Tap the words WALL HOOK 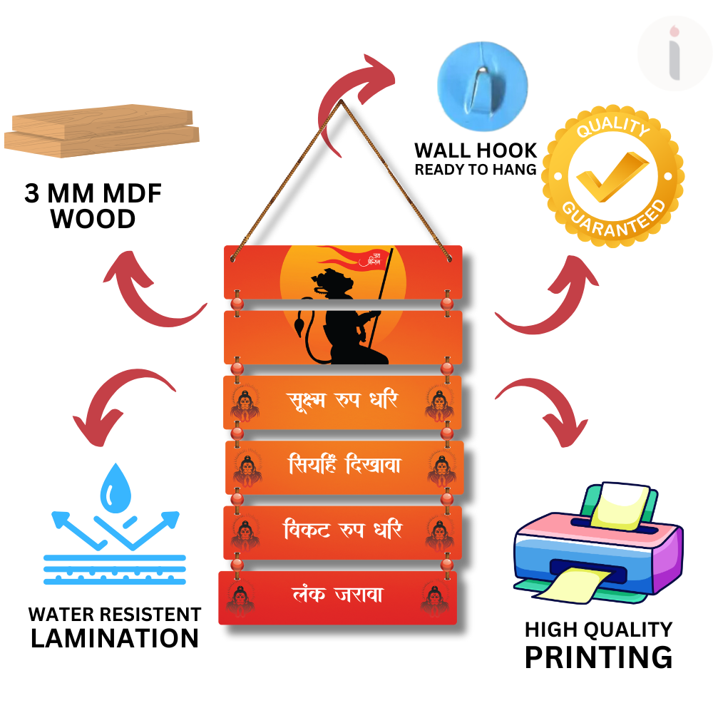coord(476,150)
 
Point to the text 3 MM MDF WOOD coord(93,206)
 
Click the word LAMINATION coord(114,638)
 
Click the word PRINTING coord(598,657)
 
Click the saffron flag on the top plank coord(353,257)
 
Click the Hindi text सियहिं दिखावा coord(345,466)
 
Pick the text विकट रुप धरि coord(343,531)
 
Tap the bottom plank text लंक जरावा coord(338,594)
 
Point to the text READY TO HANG coord(476,170)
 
